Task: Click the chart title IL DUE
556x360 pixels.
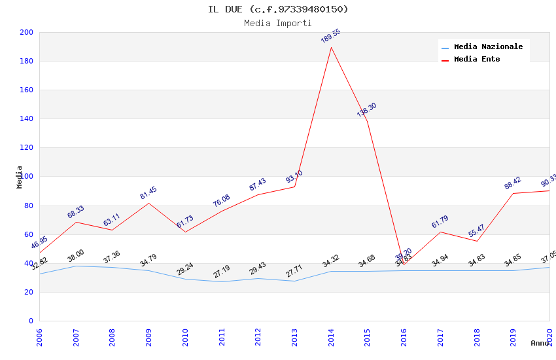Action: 278,9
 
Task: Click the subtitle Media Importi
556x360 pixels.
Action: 278,23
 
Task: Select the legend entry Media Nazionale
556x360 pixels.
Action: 488,47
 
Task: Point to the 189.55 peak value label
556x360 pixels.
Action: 330,36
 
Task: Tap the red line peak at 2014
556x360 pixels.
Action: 332,47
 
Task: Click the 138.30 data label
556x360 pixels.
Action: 366,110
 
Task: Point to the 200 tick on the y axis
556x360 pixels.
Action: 27,32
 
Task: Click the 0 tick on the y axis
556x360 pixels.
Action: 30,321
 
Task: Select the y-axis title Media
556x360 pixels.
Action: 19,177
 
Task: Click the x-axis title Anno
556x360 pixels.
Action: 540,343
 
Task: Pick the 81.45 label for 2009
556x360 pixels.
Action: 148,193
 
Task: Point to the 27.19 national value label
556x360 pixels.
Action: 222,272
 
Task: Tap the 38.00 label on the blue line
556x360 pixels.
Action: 76,256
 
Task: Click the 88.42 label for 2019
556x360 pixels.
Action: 513,183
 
